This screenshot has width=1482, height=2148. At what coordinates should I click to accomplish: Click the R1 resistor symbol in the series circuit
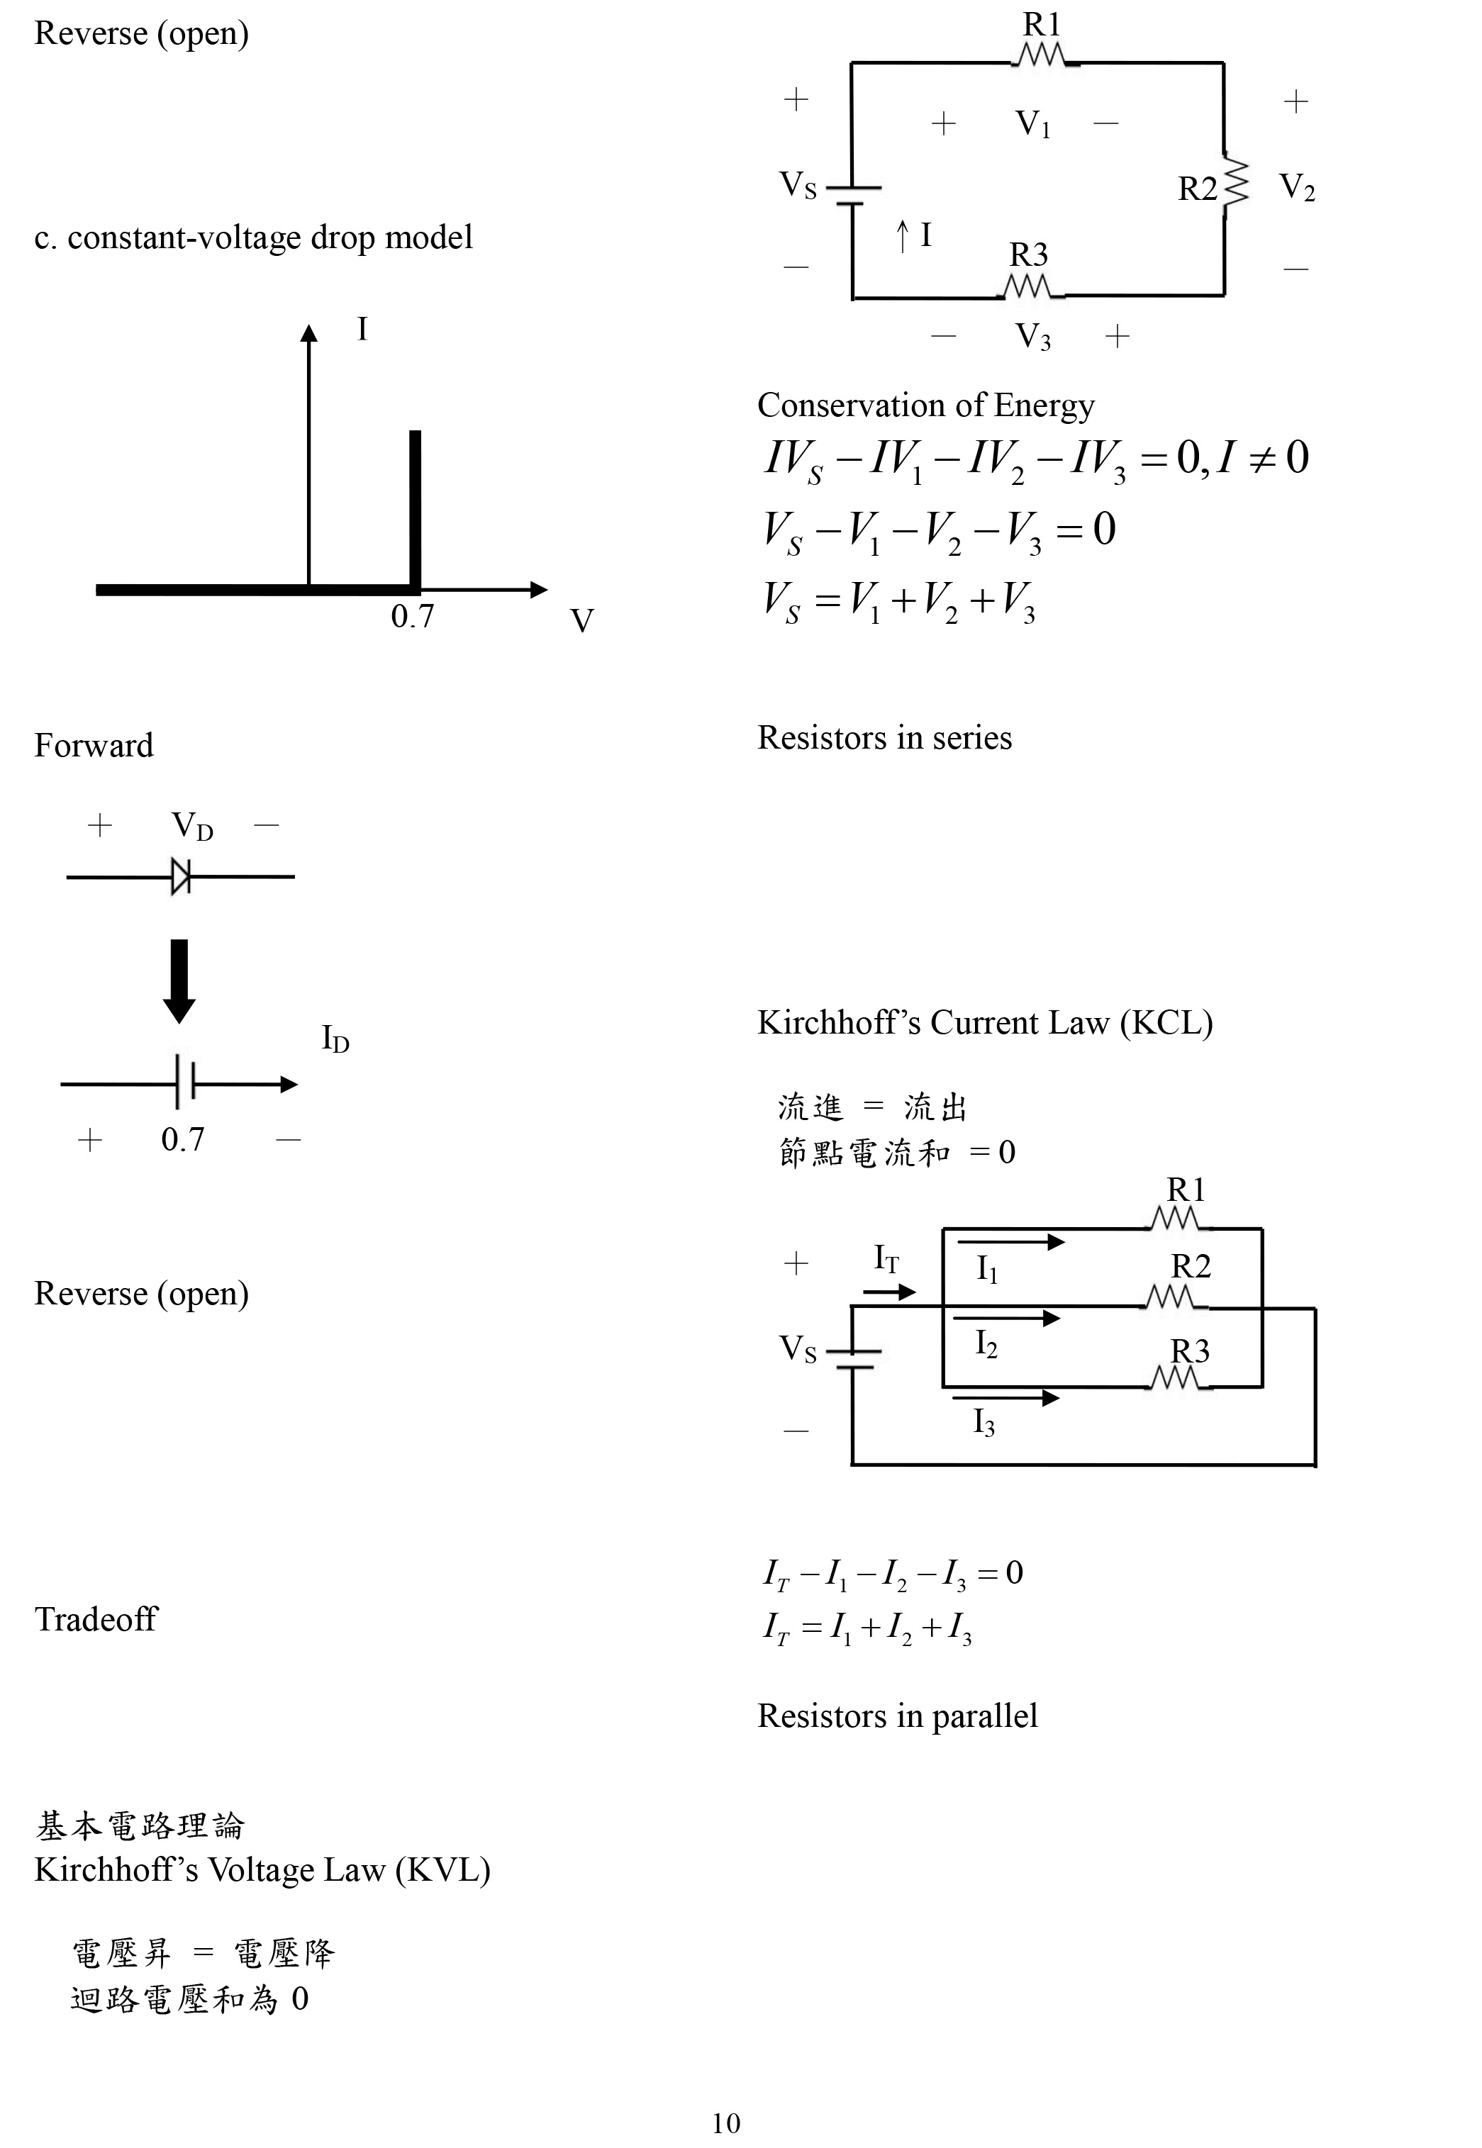1044,57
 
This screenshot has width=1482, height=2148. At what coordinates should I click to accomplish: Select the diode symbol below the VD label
181,876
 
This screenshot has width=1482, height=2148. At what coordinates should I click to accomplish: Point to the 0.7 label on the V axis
411,616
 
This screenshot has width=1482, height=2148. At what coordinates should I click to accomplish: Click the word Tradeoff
96,1619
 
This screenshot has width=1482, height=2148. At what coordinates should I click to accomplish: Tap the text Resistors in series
884,737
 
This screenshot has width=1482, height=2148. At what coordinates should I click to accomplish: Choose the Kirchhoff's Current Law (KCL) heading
984,1022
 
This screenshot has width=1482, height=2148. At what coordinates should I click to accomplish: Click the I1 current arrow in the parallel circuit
1010,1242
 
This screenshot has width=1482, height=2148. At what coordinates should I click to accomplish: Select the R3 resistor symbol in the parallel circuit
1177,1380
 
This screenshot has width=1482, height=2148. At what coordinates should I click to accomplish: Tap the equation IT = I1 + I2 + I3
867,1627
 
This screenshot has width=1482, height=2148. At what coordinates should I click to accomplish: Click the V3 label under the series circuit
1032,335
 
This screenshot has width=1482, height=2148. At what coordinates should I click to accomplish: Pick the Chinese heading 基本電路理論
139,1826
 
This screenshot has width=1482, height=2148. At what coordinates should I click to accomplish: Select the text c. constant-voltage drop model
254,237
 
